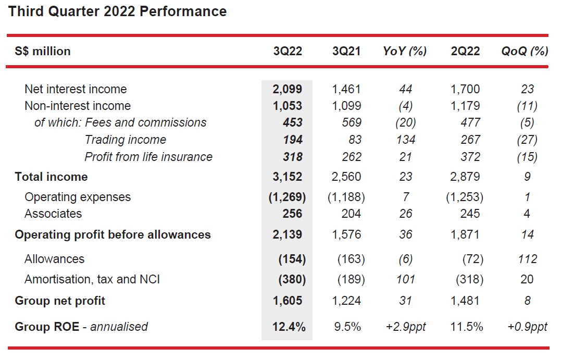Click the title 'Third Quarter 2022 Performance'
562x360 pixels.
point(117,11)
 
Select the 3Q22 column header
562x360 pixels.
point(288,51)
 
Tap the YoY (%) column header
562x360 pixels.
point(405,51)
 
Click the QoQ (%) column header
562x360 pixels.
point(524,51)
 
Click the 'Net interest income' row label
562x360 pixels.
point(76,89)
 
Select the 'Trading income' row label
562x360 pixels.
point(125,140)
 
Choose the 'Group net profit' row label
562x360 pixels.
point(60,301)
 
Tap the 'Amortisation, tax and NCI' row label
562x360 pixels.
point(92,279)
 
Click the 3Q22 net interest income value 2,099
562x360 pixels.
point(288,89)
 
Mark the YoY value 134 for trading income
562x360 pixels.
point(405,140)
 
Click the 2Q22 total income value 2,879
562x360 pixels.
point(466,177)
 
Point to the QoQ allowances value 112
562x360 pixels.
point(527,259)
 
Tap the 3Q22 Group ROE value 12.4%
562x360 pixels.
point(289,327)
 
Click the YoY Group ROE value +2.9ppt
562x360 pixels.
point(405,327)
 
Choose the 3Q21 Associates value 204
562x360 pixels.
point(349,214)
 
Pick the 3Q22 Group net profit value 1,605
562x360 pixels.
point(288,301)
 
